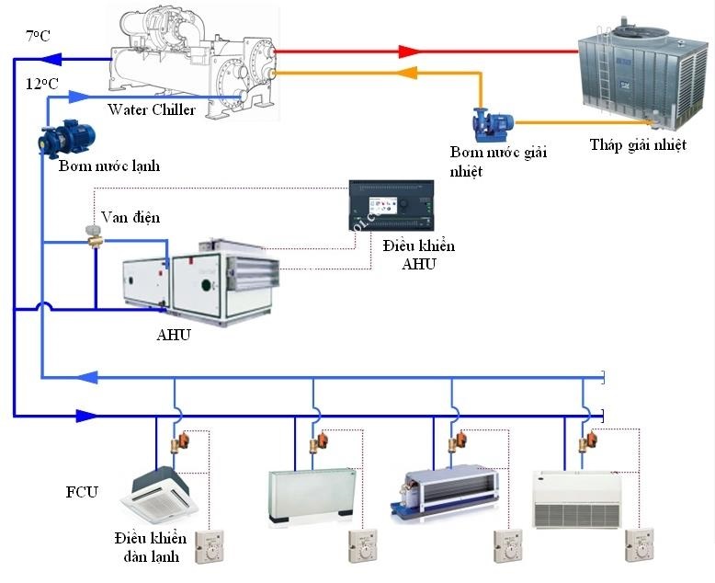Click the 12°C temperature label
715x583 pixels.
pyautogui.click(x=41, y=83)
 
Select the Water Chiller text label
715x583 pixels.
pyautogui.click(x=152, y=110)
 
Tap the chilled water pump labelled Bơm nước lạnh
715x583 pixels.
pyautogui.click(x=65, y=139)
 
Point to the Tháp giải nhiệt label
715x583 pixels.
pyautogui.click(x=637, y=144)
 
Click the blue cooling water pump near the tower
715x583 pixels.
pyautogui.click(x=488, y=122)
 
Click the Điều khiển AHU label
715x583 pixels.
pyautogui.click(x=417, y=256)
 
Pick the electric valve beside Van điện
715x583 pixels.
pyautogui.click(x=92, y=237)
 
